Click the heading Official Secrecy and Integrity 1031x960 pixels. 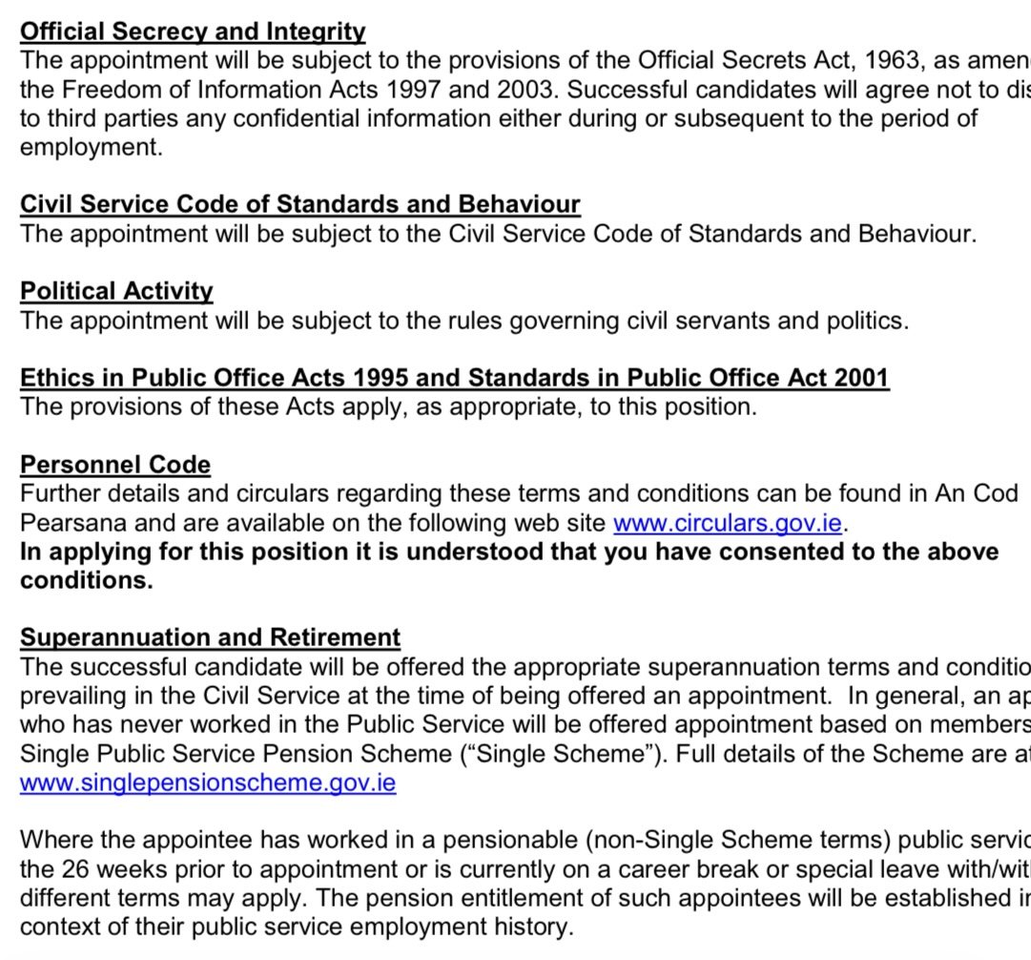(193, 31)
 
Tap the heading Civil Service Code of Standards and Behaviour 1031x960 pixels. (300, 204)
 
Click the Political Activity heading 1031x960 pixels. (117, 291)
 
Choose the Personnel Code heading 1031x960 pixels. (115, 465)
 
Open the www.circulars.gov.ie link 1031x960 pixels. (727, 523)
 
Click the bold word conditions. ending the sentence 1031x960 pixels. (87, 581)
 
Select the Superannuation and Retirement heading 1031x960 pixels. (211, 637)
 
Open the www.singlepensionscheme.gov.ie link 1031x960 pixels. (208, 783)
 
